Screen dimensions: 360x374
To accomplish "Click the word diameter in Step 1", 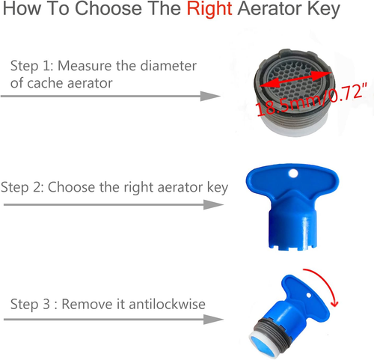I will [x=170, y=65].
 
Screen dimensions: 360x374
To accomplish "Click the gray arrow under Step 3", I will [x=112, y=320].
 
